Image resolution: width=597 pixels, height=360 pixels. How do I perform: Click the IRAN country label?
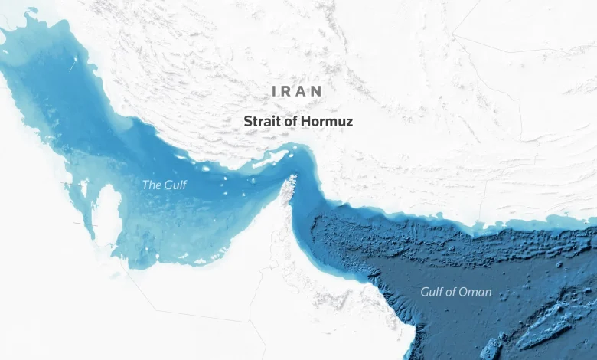[x=298, y=91]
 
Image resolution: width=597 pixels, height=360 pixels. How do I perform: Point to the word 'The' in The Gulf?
[x=152, y=185]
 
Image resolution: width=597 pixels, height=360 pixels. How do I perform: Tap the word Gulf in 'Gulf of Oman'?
[x=433, y=292]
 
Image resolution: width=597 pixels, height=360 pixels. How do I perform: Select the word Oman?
[x=477, y=292]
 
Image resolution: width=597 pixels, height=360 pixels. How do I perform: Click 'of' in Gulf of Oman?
[x=455, y=292]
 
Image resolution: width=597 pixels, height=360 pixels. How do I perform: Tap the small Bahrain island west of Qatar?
[x=83, y=188]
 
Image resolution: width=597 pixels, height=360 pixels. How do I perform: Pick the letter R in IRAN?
[x=289, y=91]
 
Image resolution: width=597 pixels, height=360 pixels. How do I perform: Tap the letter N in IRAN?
[x=318, y=91]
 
